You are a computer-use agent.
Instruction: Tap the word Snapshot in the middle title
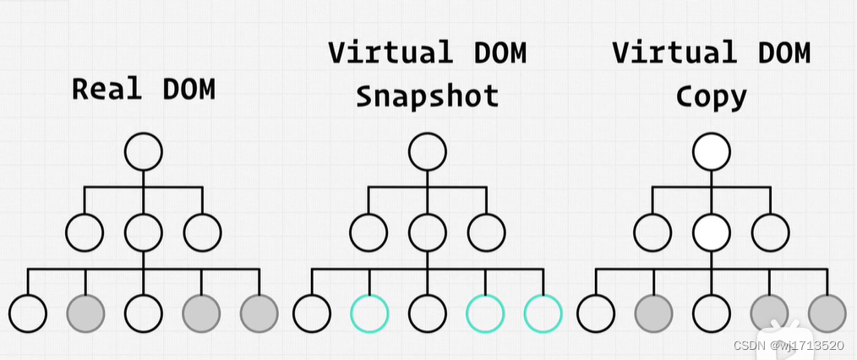tap(427, 95)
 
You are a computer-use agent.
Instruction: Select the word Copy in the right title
tap(711, 95)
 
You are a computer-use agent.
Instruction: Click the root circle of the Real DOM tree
tap(143, 153)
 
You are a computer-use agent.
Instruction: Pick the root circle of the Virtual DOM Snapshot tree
tap(427, 153)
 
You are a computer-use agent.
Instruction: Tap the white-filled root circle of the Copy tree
tap(711, 153)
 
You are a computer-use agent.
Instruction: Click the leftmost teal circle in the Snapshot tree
tap(369, 314)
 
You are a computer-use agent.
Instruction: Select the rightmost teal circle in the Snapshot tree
tap(543, 314)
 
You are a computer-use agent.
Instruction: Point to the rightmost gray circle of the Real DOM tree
tap(259, 314)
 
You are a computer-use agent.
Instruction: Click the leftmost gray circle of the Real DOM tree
tap(85, 314)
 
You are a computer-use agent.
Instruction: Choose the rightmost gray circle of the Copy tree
tap(827, 314)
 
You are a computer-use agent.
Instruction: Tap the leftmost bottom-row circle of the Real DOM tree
tap(28, 314)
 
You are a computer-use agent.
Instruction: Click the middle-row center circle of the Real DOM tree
tap(143, 232)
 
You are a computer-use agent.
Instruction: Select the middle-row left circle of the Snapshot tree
tap(369, 232)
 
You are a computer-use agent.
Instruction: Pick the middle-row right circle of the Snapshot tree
tap(486, 232)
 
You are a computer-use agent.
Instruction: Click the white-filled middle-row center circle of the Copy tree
tap(711, 232)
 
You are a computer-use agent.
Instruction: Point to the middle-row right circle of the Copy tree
tap(770, 232)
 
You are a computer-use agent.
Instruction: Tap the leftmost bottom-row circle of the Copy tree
tap(596, 314)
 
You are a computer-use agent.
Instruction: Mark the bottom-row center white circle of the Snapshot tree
tap(427, 314)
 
